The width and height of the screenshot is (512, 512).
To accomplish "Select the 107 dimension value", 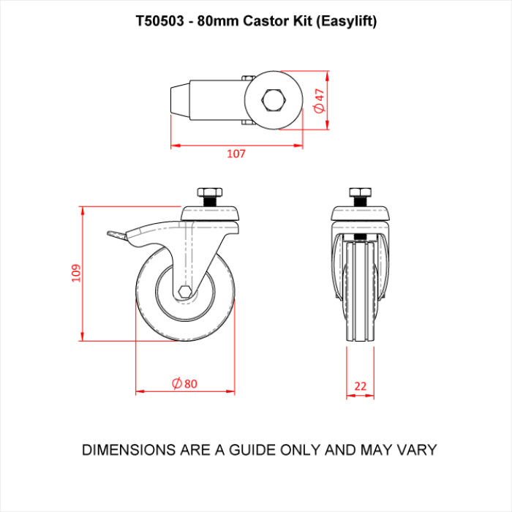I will [x=236, y=154].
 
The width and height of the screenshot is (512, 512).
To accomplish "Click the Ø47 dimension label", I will [x=318, y=100].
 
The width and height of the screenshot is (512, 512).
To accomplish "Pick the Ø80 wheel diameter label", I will [x=185, y=383].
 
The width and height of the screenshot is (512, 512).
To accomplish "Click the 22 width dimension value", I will [x=360, y=385].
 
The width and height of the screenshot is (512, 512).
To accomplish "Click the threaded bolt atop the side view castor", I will [x=209, y=196].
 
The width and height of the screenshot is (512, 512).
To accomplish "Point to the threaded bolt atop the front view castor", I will [x=359, y=196].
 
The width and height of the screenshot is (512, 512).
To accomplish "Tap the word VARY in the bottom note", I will [x=417, y=449].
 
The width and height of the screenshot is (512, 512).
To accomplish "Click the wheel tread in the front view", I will [x=360, y=293].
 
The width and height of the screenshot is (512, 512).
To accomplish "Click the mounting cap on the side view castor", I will [x=210, y=214].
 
